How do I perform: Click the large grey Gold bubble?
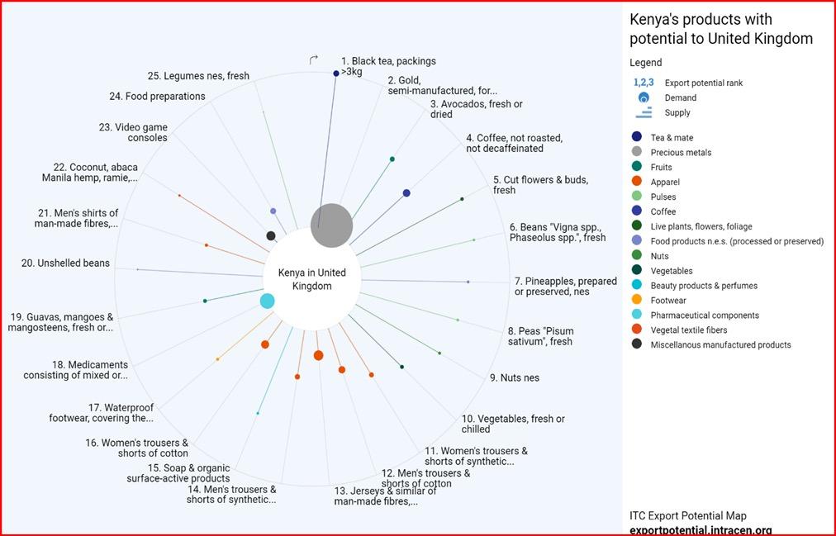[x=331, y=225]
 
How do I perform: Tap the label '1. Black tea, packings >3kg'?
[x=387, y=66]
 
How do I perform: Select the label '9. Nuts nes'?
[x=514, y=377]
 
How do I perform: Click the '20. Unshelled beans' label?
[x=65, y=263]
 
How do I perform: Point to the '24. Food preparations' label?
[x=157, y=97]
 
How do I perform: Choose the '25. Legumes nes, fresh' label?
[x=198, y=76]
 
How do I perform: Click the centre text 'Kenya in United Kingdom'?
[x=311, y=279]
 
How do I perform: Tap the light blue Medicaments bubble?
[x=267, y=301]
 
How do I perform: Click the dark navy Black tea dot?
[x=335, y=74]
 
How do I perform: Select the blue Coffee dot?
[x=406, y=193]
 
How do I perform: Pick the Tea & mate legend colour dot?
[x=636, y=138]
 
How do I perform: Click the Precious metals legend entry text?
[x=681, y=153]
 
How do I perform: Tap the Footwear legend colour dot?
[x=636, y=301]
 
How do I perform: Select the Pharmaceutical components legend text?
[x=704, y=315]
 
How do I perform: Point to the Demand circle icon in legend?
[x=644, y=98]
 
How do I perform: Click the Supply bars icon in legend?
[x=644, y=113]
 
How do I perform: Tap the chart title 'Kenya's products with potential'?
[x=720, y=29]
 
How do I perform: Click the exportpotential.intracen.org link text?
[x=701, y=529]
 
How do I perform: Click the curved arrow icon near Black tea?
[x=314, y=59]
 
